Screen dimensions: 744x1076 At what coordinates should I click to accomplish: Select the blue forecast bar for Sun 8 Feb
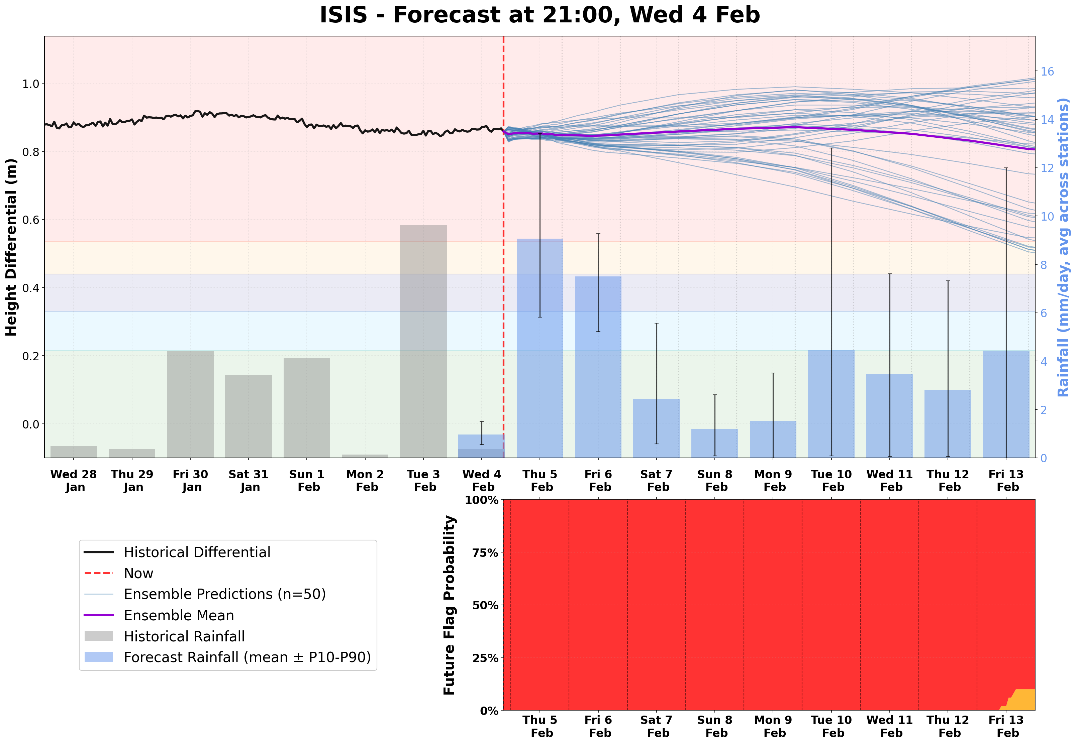click(714, 443)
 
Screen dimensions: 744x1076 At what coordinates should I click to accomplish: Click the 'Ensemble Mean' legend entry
click(179, 615)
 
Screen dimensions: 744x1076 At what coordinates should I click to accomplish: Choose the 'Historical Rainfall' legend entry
click(184, 636)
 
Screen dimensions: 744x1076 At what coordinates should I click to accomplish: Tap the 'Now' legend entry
click(138, 574)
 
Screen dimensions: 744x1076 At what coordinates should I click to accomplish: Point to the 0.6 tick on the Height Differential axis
click(31, 220)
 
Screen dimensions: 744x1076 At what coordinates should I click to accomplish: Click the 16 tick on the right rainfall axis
click(1047, 71)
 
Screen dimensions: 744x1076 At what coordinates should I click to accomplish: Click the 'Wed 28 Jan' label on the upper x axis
click(74, 481)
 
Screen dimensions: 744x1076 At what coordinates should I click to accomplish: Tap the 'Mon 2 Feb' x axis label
click(365, 481)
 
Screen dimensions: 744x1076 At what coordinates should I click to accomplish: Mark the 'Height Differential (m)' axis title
click(11, 247)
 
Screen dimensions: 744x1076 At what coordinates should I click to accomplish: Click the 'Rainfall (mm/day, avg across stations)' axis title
click(1063, 247)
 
